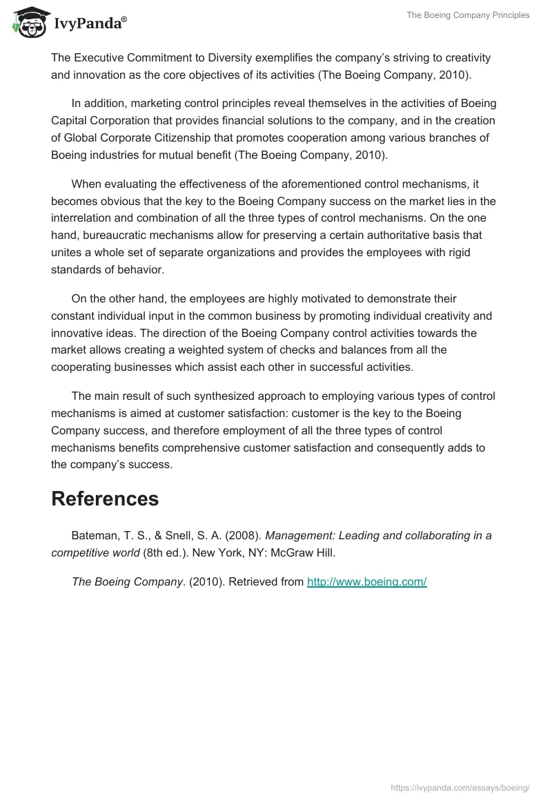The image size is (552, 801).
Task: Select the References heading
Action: point(105,499)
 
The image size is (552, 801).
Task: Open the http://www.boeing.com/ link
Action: point(366,581)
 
